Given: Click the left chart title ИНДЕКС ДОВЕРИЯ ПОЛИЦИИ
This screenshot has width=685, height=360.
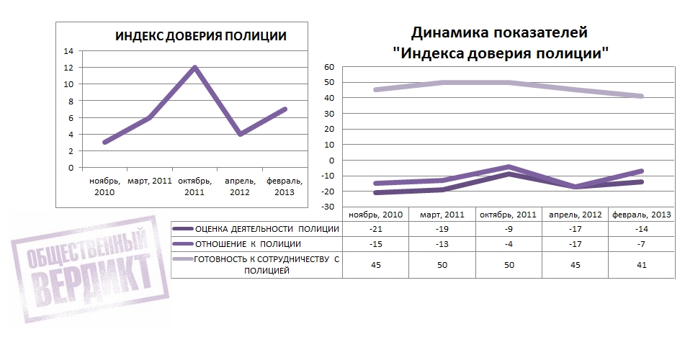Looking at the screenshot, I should tap(201, 36).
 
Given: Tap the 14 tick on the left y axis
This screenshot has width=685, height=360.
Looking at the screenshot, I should tap(69, 51).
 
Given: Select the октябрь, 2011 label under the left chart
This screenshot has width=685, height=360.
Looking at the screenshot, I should tap(194, 186).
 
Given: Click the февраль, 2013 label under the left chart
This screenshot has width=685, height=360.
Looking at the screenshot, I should tap(285, 186).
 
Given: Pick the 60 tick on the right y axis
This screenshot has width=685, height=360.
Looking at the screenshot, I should tap(330, 67).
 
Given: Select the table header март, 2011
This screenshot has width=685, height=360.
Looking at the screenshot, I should tap(442, 215).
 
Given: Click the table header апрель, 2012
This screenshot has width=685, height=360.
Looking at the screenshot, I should tap(576, 215).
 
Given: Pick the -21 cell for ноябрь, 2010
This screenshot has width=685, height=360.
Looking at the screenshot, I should tap(375, 229).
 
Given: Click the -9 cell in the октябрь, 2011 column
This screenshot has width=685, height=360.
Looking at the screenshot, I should tap(509, 229).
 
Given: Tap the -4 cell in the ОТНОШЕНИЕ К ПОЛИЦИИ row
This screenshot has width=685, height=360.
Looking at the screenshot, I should tap(509, 244).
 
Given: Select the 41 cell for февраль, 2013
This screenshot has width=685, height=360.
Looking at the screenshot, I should tap(641, 264).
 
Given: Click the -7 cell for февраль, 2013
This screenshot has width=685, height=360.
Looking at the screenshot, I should tap(641, 244).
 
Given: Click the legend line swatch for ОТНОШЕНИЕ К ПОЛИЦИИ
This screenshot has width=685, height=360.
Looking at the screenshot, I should tap(183, 244).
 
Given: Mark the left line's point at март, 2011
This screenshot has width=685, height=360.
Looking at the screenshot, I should tap(149, 118).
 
